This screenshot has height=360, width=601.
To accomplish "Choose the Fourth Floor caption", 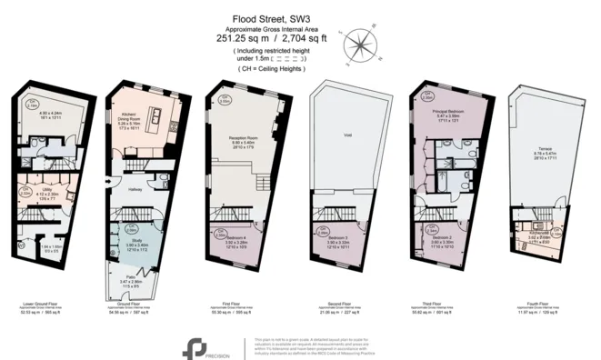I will [538, 305].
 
